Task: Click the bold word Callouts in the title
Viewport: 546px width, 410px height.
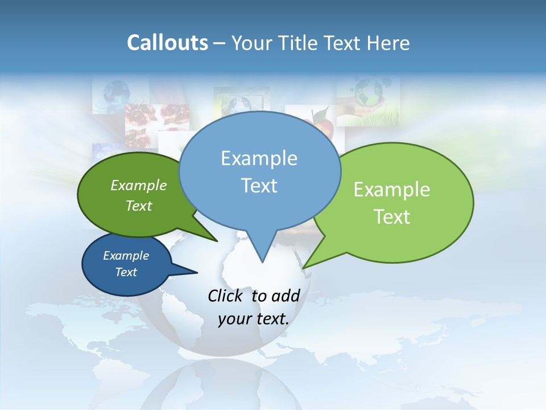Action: click(167, 43)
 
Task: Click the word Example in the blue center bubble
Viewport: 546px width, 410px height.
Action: click(259, 158)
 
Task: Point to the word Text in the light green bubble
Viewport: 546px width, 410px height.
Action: click(392, 217)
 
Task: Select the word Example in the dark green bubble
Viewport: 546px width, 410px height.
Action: click(139, 185)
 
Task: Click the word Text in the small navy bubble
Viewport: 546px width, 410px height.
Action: click(126, 272)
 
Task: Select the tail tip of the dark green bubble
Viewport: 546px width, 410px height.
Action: click(217, 241)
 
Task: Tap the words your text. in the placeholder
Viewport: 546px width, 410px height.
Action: click(254, 319)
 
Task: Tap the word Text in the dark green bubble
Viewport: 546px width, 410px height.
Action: click(139, 206)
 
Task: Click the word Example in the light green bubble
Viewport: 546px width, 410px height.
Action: click(392, 190)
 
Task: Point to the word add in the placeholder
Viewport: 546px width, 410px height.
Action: click(285, 296)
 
